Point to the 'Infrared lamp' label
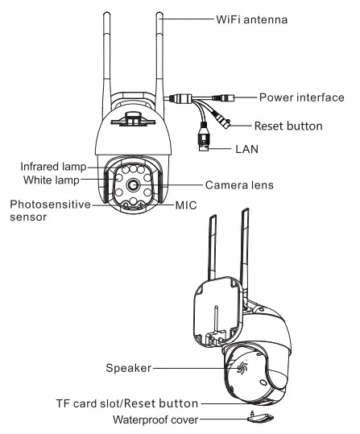(x=54, y=166)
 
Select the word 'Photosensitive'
(x=43, y=205)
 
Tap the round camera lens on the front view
(x=133, y=186)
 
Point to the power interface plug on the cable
(x=227, y=98)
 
